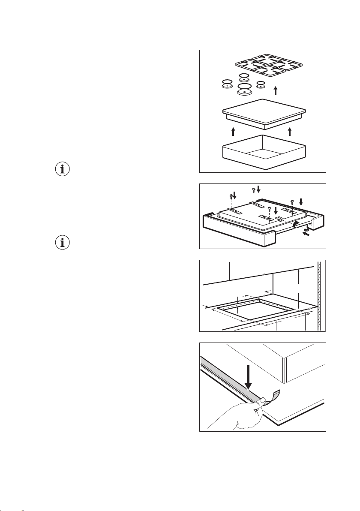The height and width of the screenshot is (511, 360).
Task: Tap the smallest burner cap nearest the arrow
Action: (x=260, y=85)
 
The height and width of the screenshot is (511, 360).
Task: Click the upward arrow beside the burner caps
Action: (x=276, y=90)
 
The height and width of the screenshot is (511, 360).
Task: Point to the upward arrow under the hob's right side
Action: (x=290, y=131)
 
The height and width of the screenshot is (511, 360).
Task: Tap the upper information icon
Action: (x=63, y=169)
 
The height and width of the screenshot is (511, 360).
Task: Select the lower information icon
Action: (x=63, y=243)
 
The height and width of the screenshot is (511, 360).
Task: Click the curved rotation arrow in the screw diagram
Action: (x=294, y=223)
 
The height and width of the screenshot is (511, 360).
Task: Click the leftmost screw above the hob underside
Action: (x=231, y=197)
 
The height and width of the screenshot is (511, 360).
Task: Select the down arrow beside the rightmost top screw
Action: (x=301, y=201)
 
